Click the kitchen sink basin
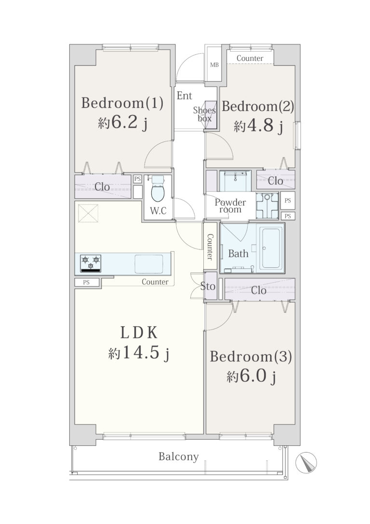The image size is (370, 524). click(x=149, y=263)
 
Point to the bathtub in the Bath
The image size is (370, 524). click(x=271, y=248)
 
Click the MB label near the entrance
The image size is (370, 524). click(x=214, y=65)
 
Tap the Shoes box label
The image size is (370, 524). click(x=204, y=114)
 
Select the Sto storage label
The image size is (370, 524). click(x=208, y=286)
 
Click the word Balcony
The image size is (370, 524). click(x=178, y=457)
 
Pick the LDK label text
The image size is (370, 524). click(x=138, y=333)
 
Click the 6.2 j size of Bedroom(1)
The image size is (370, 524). click(x=123, y=124)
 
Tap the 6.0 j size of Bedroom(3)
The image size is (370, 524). click(x=251, y=377)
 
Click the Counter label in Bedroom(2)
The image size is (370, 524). click(x=250, y=58)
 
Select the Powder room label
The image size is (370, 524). click(x=230, y=206)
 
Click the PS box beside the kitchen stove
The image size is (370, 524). click(x=87, y=282)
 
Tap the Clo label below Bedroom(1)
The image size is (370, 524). click(x=102, y=186)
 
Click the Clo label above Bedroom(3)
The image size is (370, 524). click(x=259, y=290)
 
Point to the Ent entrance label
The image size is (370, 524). click(x=184, y=96)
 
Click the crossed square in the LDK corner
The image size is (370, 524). click(x=88, y=213)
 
